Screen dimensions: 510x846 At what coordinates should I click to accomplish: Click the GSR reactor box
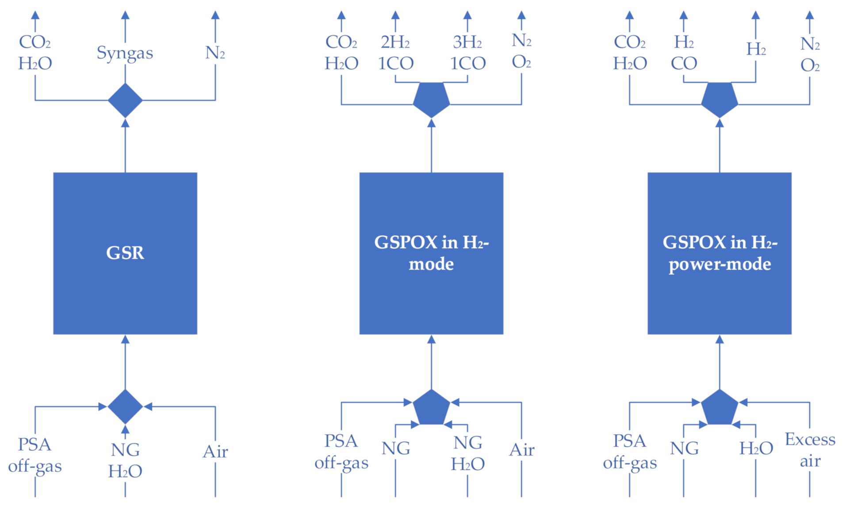pos(125,253)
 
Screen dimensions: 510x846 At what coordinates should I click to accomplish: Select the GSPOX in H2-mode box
pos(431,253)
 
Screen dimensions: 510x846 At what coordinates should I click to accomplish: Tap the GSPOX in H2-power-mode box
pos(720,253)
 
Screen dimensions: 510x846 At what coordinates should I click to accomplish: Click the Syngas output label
pos(125,53)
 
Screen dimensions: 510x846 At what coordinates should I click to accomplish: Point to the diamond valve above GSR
pos(125,100)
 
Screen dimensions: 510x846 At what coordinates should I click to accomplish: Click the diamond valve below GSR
pos(125,406)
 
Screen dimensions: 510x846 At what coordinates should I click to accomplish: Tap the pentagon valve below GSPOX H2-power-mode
pos(720,407)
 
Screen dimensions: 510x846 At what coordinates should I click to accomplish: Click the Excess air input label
pos(810,450)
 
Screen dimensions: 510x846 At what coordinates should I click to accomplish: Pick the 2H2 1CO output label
pos(395,53)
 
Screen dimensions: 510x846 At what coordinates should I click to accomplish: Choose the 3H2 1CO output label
pos(467,53)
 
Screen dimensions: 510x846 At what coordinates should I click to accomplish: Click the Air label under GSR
pos(215,452)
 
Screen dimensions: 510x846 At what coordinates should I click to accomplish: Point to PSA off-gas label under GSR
pos(35,455)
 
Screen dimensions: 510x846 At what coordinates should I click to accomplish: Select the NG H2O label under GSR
pos(125,460)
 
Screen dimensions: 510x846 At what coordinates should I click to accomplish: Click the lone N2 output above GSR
pos(215,53)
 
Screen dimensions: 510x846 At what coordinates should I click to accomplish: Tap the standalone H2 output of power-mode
pos(756,49)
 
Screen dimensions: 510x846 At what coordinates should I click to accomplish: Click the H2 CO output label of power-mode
pos(684,53)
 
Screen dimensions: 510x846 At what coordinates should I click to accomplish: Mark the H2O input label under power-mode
pos(756,449)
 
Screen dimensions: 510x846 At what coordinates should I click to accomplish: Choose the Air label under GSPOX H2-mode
pos(522,450)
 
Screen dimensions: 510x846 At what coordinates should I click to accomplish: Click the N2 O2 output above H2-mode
pos(521,51)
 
